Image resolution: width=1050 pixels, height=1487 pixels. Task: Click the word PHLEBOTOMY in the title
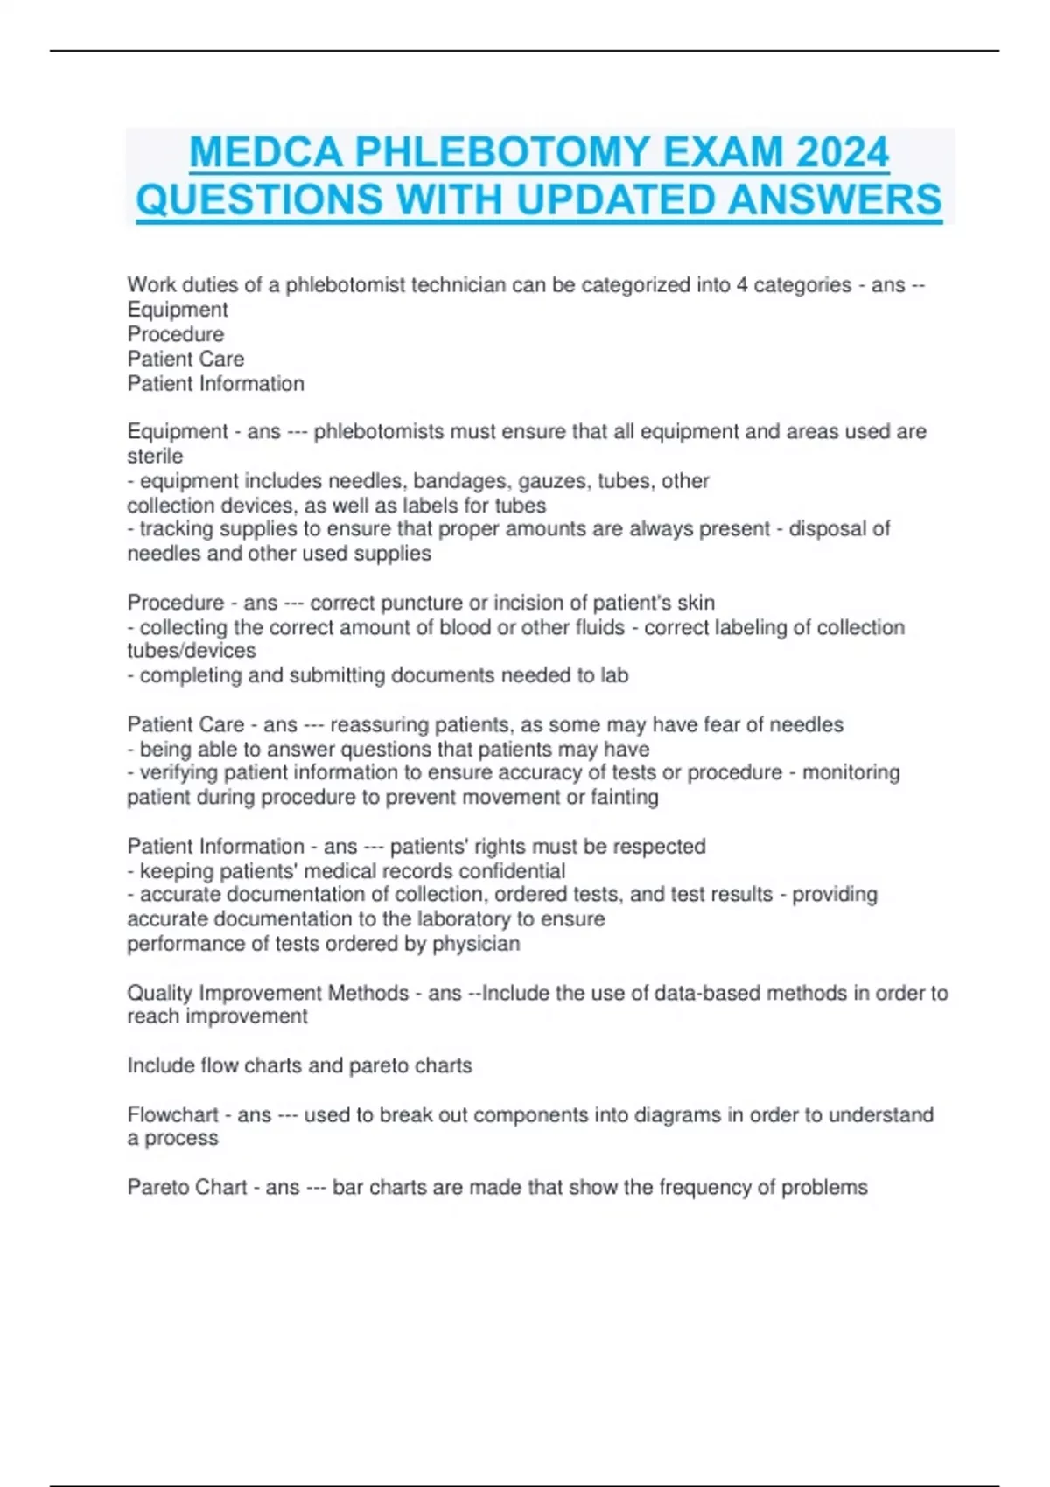click(502, 152)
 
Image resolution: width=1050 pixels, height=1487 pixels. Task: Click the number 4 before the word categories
click(741, 285)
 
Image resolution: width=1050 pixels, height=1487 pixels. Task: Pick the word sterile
click(155, 456)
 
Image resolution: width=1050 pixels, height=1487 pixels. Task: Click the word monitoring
click(850, 772)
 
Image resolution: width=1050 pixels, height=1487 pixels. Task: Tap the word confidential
click(512, 871)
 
